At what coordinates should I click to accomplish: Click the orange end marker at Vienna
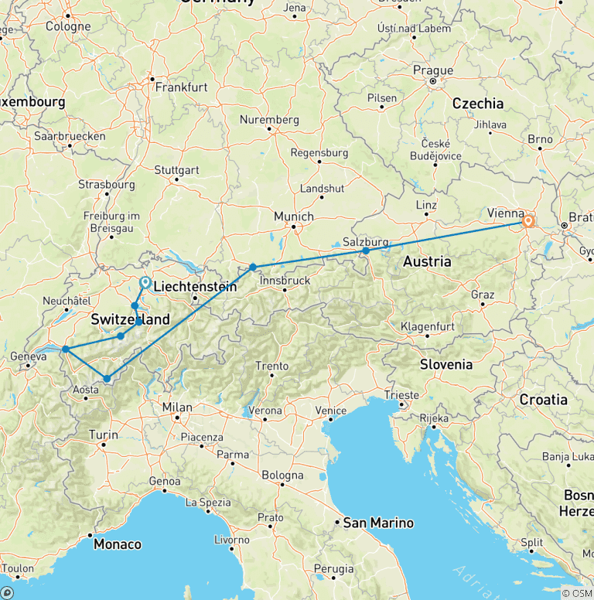pyautogui.click(x=528, y=221)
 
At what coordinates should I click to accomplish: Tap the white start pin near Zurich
pyautogui.click(x=145, y=283)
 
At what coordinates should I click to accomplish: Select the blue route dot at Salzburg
pyautogui.click(x=366, y=251)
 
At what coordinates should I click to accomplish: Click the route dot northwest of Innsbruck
pyautogui.click(x=253, y=267)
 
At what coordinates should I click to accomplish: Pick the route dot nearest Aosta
pyautogui.click(x=107, y=378)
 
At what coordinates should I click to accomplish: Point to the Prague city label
pyautogui.click(x=433, y=70)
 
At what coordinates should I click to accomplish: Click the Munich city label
pyautogui.click(x=294, y=216)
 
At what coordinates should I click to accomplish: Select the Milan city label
pyautogui.click(x=177, y=407)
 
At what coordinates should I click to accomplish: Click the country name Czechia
pyautogui.click(x=477, y=104)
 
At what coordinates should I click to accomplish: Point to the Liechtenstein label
pyautogui.click(x=195, y=287)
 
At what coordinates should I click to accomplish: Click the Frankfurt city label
pyautogui.click(x=182, y=87)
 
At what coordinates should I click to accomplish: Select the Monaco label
pyautogui.click(x=118, y=544)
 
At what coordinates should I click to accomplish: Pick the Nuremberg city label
pyautogui.click(x=269, y=120)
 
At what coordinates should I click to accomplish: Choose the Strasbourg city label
pyautogui.click(x=107, y=185)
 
